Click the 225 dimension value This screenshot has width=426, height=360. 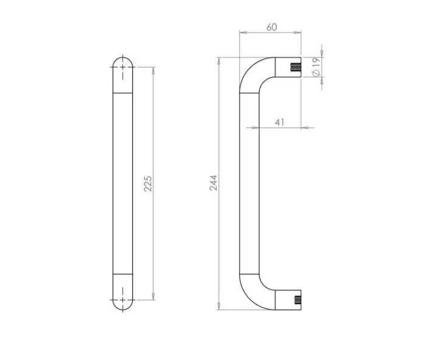pos(148,184)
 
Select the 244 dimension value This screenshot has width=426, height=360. pos(214,183)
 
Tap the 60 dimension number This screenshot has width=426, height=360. pos(271,27)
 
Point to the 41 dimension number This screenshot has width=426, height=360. pos(280,122)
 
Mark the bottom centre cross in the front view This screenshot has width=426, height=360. pos(124,300)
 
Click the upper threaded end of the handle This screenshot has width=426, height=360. pos(296,68)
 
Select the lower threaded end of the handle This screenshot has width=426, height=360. pos(296,300)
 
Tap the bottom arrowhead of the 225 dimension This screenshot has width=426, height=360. pos(153,297)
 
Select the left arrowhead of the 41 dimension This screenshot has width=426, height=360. pos(245,128)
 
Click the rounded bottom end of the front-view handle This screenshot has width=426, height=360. pos(124,307)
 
